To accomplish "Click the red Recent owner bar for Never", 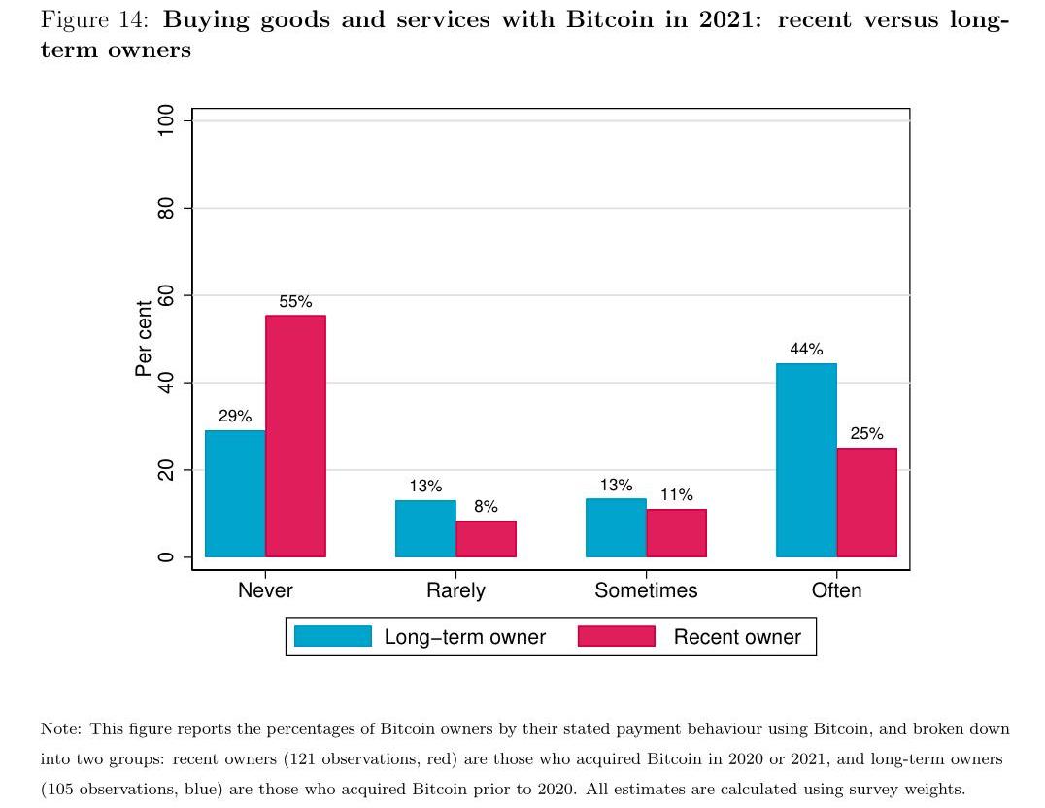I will pyautogui.click(x=295, y=436).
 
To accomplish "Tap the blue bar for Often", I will pyautogui.click(x=806, y=460).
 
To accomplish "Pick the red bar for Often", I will pyautogui.click(x=866, y=502).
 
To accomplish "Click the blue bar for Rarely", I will pyautogui.click(x=425, y=528).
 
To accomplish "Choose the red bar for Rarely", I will pyautogui.click(x=486, y=539).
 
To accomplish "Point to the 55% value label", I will pyautogui.click(x=295, y=302).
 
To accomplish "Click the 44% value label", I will pyautogui.click(x=806, y=350).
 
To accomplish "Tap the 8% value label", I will pyautogui.click(x=486, y=507).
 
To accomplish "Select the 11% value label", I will pyautogui.click(x=676, y=495).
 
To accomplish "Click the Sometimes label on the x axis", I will pyautogui.click(x=646, y=590).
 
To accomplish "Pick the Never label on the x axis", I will pyautogui.click(x=265, y=590).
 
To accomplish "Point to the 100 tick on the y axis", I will pyautogui.click(x=166, y=119).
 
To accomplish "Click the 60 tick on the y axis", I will pyautogui.click(x=166, y=295).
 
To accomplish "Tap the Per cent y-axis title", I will pyautogui.click(x=144, y=339).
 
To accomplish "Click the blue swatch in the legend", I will pyautogui.click(x=332, y=637).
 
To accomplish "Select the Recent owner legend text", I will pyautogui.click(x=737, y=638).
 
